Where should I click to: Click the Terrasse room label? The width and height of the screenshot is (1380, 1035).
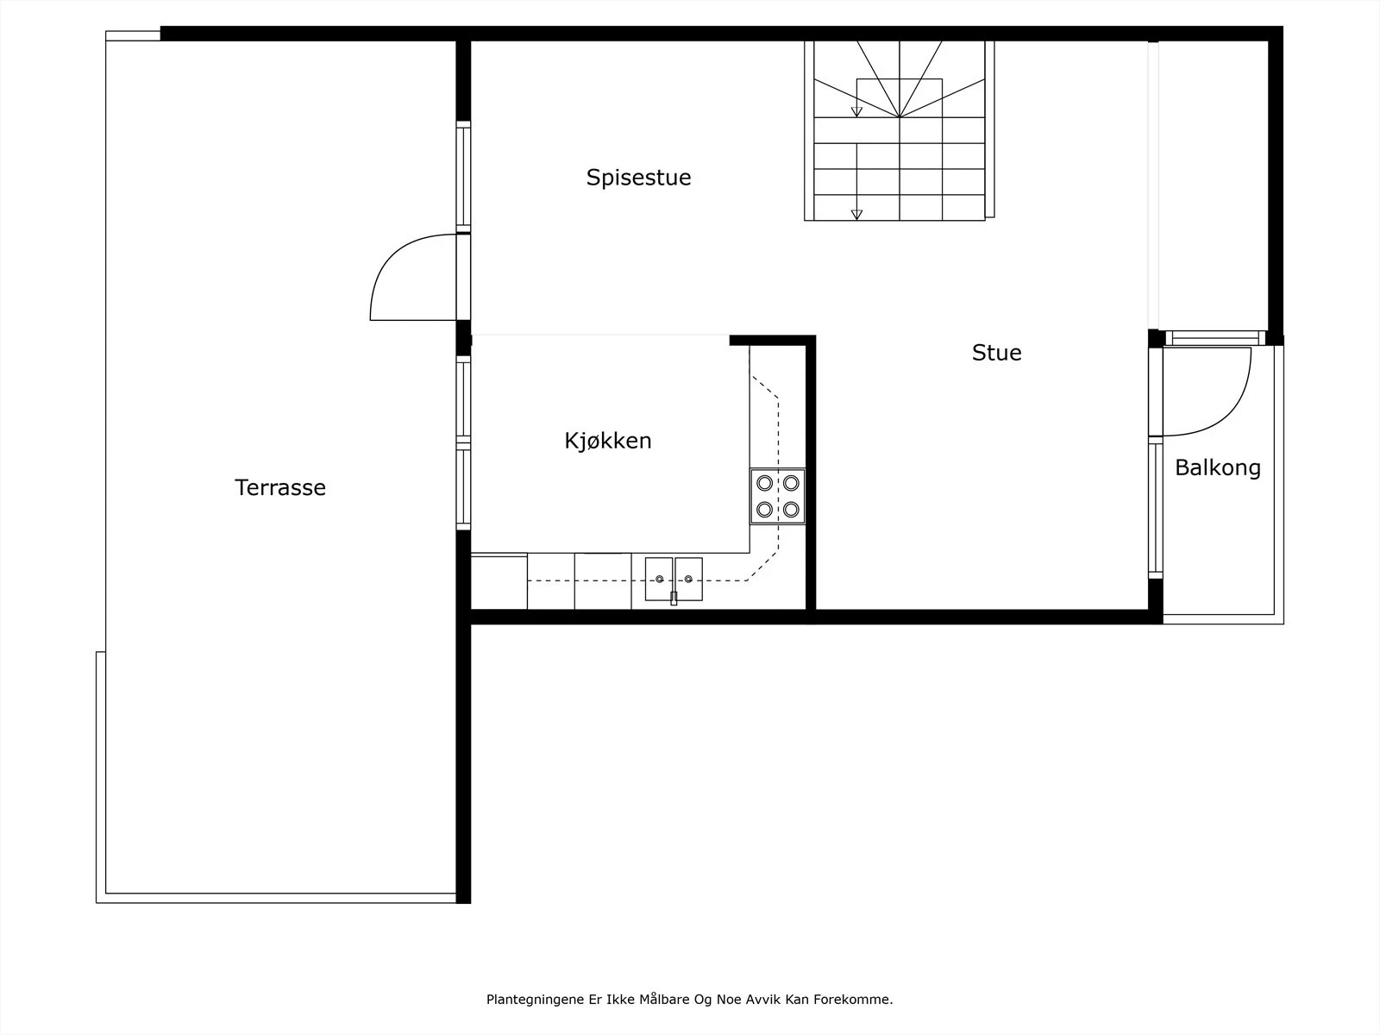[280, 487]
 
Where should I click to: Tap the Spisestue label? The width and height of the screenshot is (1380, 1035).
[639, 178]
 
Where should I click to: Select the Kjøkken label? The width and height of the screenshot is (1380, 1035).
[608, 441]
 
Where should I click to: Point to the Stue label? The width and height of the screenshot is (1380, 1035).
[996, 353]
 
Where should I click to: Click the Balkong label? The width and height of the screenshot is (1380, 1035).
[1218, 468]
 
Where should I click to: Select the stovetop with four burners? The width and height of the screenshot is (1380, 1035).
[778, 496]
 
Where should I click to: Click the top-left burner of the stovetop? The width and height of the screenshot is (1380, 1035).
[764, 483]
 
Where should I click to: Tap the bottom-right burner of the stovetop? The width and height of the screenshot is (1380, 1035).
[791, 509]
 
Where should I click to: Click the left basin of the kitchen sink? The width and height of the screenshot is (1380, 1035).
[659, 579]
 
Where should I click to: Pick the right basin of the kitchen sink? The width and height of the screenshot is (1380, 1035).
[688, 579]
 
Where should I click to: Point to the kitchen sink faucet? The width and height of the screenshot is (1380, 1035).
[674, 598]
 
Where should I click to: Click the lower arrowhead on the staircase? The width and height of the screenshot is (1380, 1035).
[856, 215]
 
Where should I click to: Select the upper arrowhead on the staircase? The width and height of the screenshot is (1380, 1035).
[856, 112]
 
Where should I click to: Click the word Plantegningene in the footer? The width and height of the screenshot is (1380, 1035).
[536, 1000]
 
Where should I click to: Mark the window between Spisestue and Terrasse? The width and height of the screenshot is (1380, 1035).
[463, 177]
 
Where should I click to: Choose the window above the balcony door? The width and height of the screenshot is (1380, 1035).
[1215, 338]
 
